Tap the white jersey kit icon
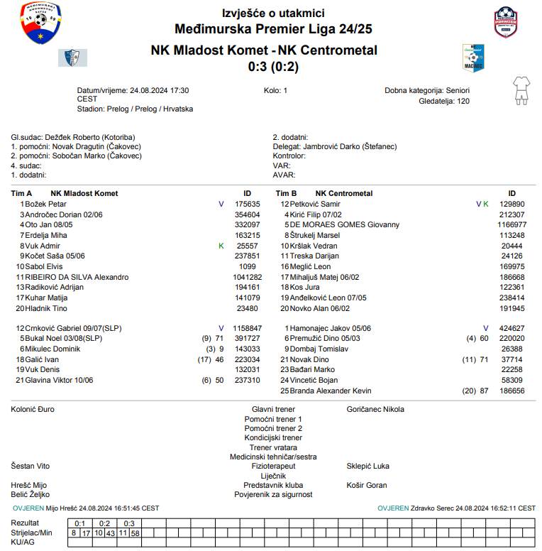pyautogui.click(x=521, y=91)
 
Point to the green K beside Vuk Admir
pyautogui.click(x=221, y=246)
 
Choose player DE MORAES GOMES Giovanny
pyautogui.click(x=344, y=224)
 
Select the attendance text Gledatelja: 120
pyautogui.click(x=444, y=101)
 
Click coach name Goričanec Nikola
pyautogui.click(x=375, y=410)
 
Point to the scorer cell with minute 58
pyautogui.click(x=135, y=533)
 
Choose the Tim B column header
pyautogui.click(x=285, y=193)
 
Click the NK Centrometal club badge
pyautogui.click(x=472, y=55)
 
